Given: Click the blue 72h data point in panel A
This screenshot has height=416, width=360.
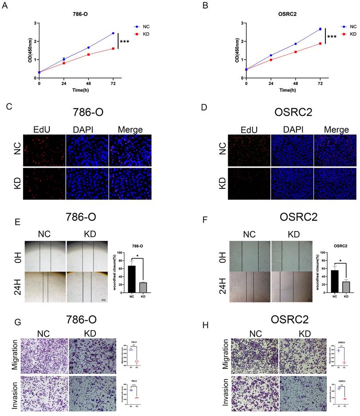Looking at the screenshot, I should tap(113, 33).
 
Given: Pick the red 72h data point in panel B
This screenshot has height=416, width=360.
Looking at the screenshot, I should tap(320, 43).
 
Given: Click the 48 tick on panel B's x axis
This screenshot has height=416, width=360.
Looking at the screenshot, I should tap(295, 83).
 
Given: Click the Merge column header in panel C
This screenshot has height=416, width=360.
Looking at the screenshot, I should tap(130, 130).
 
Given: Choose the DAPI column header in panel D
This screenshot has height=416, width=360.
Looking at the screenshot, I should tap(292, 130).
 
